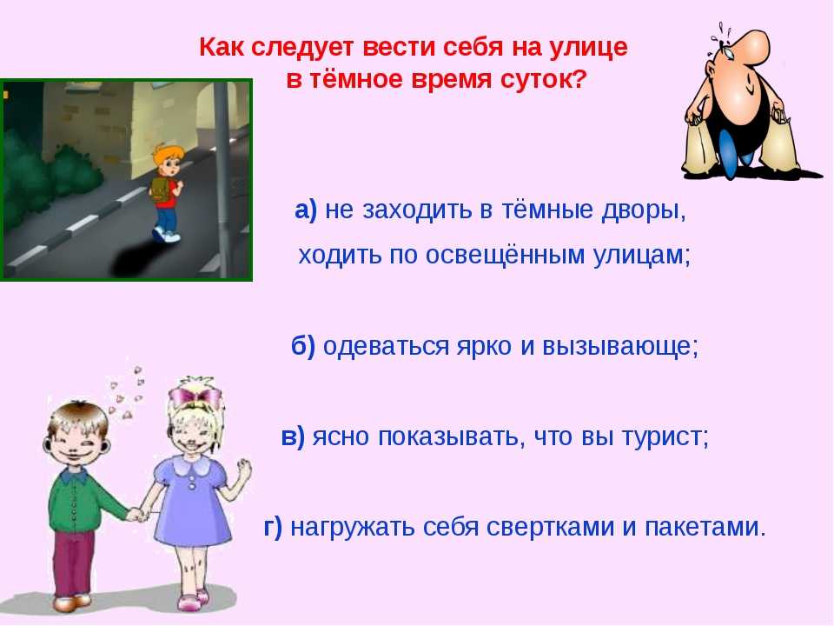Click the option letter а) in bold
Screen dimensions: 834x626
(x=306, y=210)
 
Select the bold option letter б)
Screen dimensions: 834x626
(x=303, y=346)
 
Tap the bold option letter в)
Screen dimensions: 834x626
(x=293, y=436)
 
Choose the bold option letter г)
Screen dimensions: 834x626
(x=273, y=527)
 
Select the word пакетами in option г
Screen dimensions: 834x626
(x=705, y=527)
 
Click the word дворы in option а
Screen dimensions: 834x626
(x=643, y=210)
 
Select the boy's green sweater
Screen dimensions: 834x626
(x=80, y=501)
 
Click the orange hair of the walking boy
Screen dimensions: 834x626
(x=166, y=155)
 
